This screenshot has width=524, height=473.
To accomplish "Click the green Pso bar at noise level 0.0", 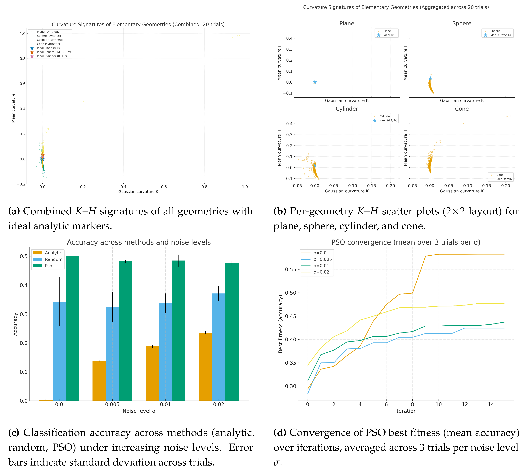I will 72,329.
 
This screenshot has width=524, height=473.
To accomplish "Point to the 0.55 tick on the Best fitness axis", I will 291,270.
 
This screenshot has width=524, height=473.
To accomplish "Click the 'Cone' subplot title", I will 462,109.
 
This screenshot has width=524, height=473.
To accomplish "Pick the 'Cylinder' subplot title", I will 347,109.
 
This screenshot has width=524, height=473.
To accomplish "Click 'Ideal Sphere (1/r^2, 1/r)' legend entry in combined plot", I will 54,52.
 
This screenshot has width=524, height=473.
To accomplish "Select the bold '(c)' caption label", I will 14,433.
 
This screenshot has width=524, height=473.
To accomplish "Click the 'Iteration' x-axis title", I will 406,411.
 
